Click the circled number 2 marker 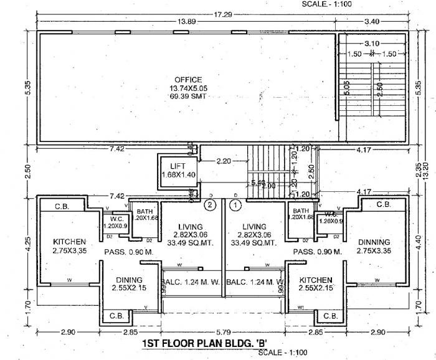click(x=211, y=204)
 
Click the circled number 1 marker click(x=236, y=204)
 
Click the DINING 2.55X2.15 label click(x=129, y=284)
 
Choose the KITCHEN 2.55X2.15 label click(x=315, y=284)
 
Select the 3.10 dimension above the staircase click(x=372, y=43)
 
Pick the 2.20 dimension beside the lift click(x=224, y=161)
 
